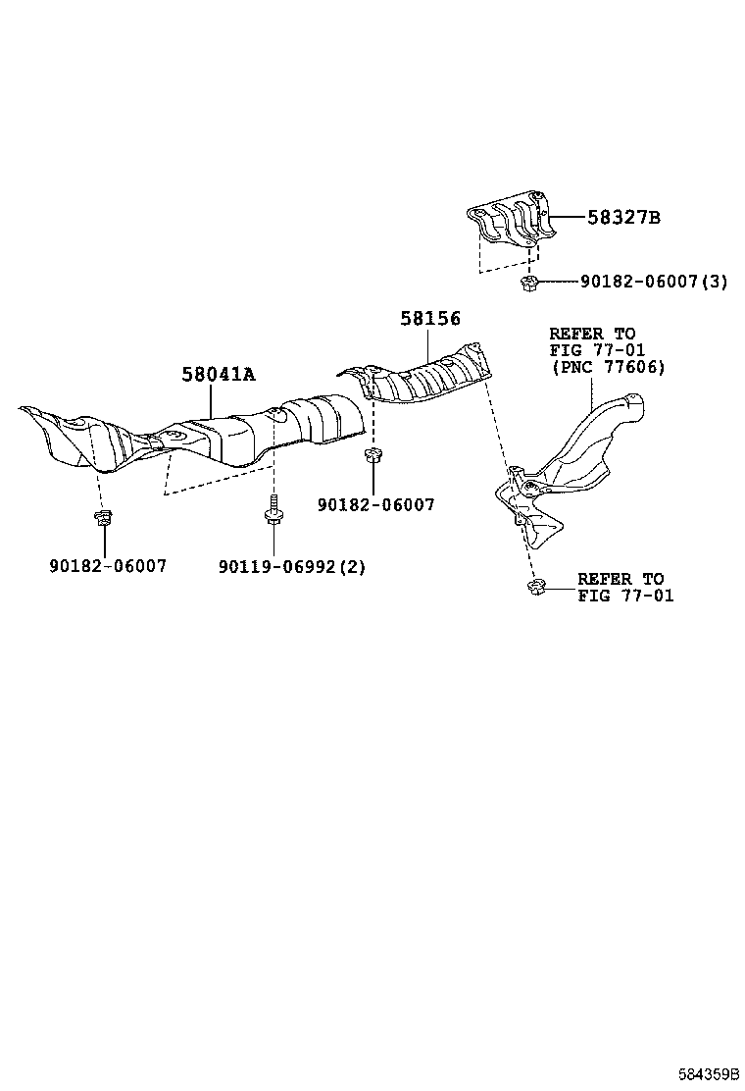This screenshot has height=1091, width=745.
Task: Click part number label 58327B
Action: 623,218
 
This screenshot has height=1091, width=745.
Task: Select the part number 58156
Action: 429,318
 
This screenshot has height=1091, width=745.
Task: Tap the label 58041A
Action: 218,374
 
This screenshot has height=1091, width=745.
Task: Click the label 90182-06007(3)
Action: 654,282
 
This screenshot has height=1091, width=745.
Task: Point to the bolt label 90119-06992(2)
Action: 291,566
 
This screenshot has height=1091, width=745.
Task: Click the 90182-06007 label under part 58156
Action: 375,504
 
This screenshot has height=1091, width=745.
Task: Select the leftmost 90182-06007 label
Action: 108,566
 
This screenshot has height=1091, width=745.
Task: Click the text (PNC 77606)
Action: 608,367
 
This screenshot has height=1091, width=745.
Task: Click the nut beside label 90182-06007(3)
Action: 529,284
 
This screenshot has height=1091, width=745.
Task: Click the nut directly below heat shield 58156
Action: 372,455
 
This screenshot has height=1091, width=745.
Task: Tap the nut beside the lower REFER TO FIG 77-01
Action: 535,589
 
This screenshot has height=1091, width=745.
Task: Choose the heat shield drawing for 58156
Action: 422,378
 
